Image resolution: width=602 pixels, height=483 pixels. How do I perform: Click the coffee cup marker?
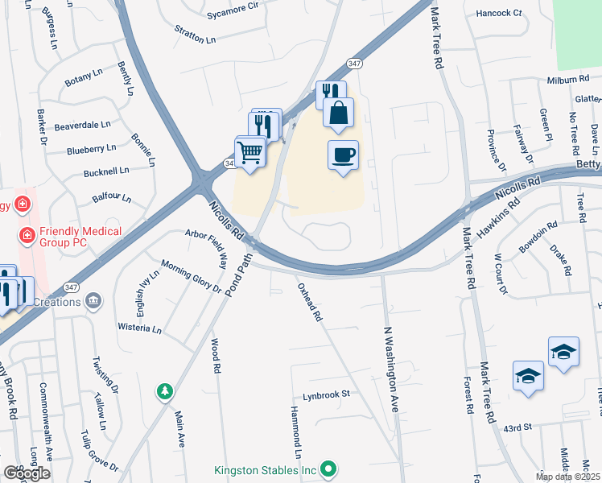pyautogui.click(x=343, y=155)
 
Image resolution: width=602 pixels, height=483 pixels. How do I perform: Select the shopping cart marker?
pyautogui.click(x=250, y=151)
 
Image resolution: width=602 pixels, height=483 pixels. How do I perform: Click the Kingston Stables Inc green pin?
pyautogui.click(x=328, y=468)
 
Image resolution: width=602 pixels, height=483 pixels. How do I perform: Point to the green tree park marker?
pyautogui.click(x=164, y=390)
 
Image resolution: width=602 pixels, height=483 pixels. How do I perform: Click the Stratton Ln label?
pyautogui.click(x=196, y=34)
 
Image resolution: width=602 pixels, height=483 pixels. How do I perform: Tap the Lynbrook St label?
pyautogui.click(x=327, y=395)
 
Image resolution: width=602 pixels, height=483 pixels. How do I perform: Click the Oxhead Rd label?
pyautogui.click(x=310, y=302)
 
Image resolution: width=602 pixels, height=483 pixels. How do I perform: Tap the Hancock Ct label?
pyautogui.click(x=499, y=14)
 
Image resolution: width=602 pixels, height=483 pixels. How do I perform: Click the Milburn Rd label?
pyautogui.click(x=567, y=80)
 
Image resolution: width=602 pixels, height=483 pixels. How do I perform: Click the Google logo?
pyautogui.click(x=27, y=473)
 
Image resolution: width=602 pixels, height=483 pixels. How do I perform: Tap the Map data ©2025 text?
pyautogui.click(x=567, y=477)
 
